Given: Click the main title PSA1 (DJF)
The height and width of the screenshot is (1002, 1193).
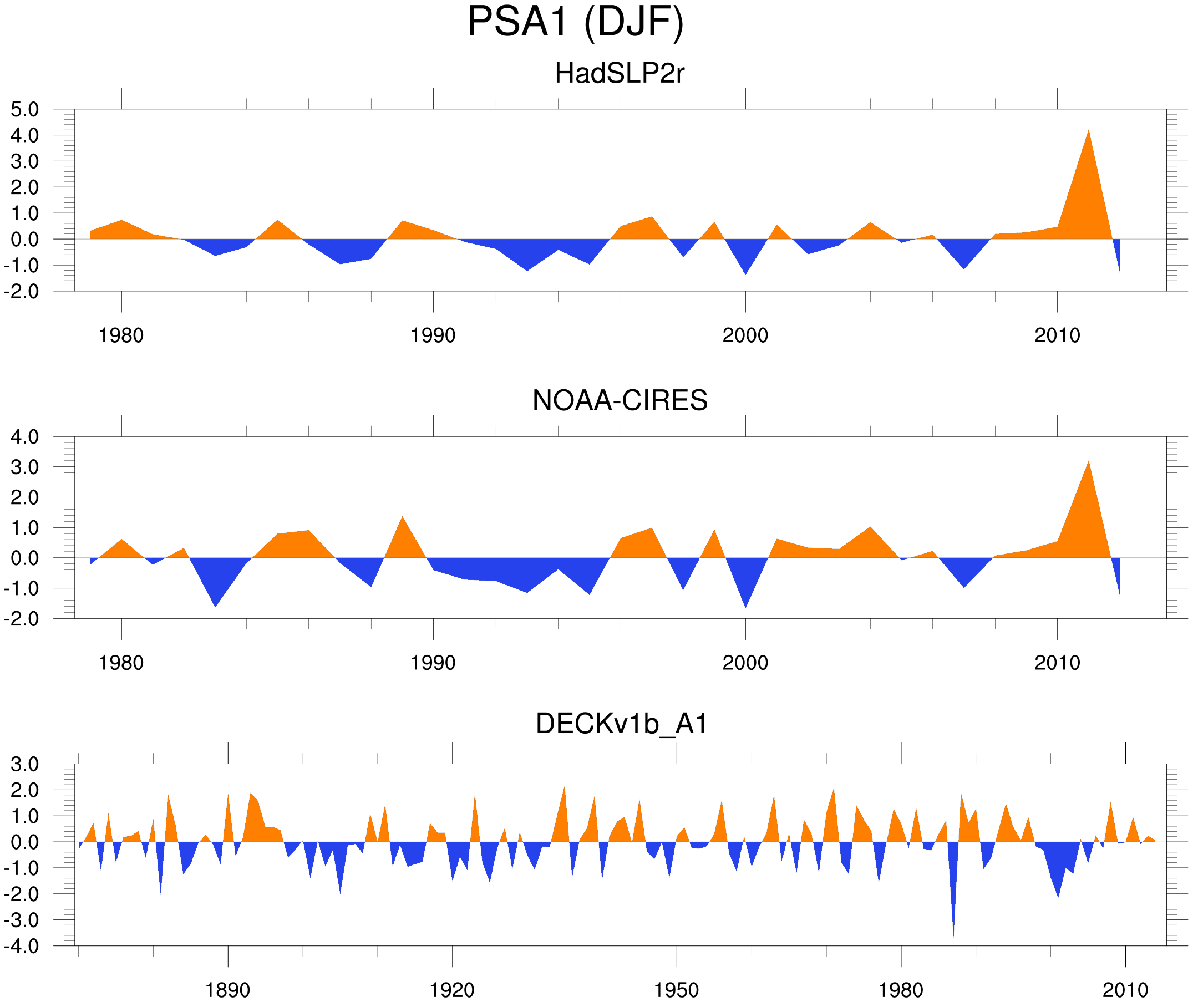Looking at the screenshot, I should (x=575, y=22).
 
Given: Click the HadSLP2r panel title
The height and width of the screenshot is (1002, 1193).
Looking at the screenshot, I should (x=619, y=73).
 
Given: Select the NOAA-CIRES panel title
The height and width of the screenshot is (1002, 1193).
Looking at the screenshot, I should (x=620, y=400).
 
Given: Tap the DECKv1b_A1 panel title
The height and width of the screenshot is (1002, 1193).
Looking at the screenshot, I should (x=622, y=724).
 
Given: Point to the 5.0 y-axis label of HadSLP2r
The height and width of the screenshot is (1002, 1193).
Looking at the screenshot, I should (x=25, y=110).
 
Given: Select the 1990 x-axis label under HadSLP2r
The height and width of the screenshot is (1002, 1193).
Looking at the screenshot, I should (x=433, y=335).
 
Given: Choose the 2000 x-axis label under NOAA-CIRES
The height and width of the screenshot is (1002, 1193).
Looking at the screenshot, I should (x=745, y=663).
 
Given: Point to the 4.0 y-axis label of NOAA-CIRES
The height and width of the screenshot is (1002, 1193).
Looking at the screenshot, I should (x=25, y=437).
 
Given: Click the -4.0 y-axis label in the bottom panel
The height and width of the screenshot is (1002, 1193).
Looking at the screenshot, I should (x=22, y=947).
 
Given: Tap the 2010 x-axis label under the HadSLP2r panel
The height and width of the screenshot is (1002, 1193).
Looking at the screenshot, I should (x=1057, y=335).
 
